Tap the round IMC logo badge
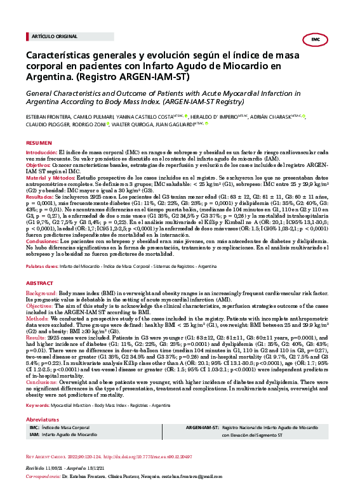[316, 39]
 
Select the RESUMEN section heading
[39, 144]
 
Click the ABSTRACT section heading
[40, 281]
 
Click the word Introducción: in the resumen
[41, 154]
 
